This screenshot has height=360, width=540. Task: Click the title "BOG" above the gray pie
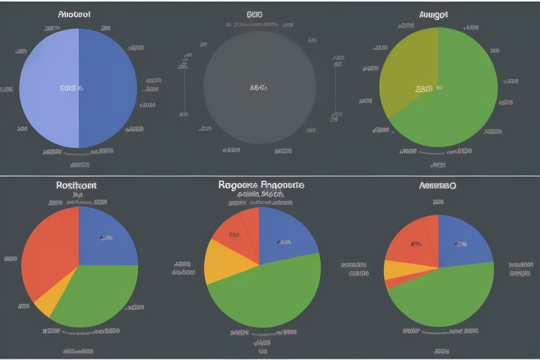pos(255,13)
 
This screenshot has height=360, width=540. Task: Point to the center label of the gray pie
pos(258,89)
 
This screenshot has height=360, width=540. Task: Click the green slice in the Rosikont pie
pos(95,295)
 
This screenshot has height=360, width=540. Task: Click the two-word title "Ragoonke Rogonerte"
pos(261,185)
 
